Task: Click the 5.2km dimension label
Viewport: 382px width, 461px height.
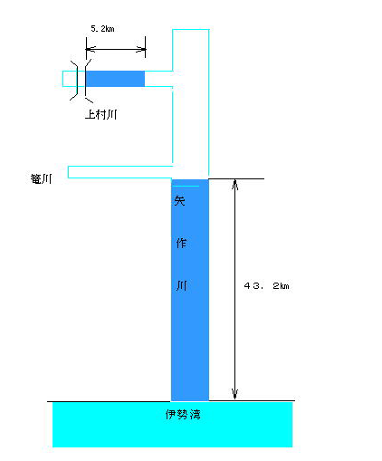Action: pos(102,29)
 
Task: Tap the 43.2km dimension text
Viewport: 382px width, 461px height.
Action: pos(266,285)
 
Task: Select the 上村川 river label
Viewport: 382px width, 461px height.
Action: pos(101,114)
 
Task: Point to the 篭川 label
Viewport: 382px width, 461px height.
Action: pos(41,178)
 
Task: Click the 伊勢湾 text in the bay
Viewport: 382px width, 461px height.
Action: pos(183,414)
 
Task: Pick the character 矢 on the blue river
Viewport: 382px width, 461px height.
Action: pos(179,200)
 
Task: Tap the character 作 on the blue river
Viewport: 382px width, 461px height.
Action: pos(181,243)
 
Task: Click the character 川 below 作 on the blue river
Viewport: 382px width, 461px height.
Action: pos(182,285)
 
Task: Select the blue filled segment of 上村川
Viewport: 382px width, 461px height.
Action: pos(115,79)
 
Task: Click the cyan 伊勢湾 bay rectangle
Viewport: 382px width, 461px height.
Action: pos(172,425)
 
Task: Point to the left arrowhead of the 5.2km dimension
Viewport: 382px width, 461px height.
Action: pos(91,49)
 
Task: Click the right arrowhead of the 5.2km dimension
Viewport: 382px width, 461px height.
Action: pos(141,49)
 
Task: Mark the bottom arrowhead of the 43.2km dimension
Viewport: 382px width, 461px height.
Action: pos(235,394)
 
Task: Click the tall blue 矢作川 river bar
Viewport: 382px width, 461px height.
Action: pos(190,290)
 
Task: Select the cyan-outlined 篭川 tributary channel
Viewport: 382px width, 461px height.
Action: pos(120,172)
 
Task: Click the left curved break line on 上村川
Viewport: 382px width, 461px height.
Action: pos(75,80)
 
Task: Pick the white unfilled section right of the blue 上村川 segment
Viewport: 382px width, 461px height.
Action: pos(158,79)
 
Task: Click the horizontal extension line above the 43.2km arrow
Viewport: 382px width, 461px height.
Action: pos(236,179)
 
